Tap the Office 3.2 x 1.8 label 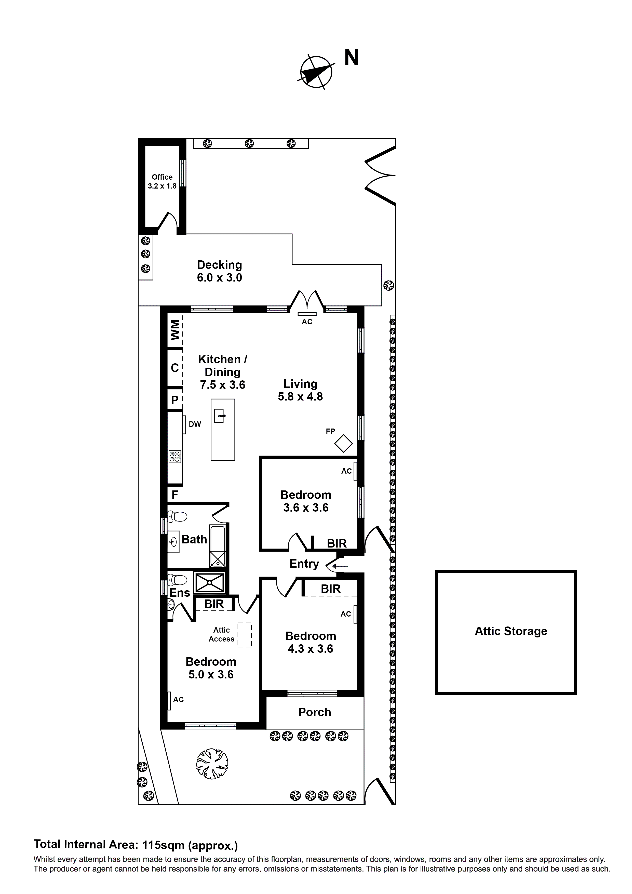click(162, 181)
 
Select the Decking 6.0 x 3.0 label click(219, 271)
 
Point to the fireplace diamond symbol click(343, 444)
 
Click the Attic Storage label click(510, 631)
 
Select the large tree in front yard click(212, 764)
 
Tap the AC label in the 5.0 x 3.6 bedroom click(178, 700)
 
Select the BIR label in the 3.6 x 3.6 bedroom click(337, 543)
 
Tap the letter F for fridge click(175, 495)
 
